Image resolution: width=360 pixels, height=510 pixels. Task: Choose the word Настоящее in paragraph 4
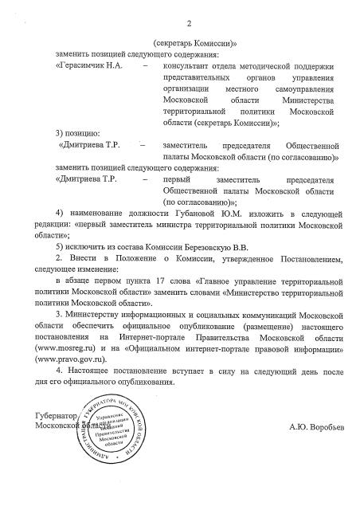click(x=93, y=371)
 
